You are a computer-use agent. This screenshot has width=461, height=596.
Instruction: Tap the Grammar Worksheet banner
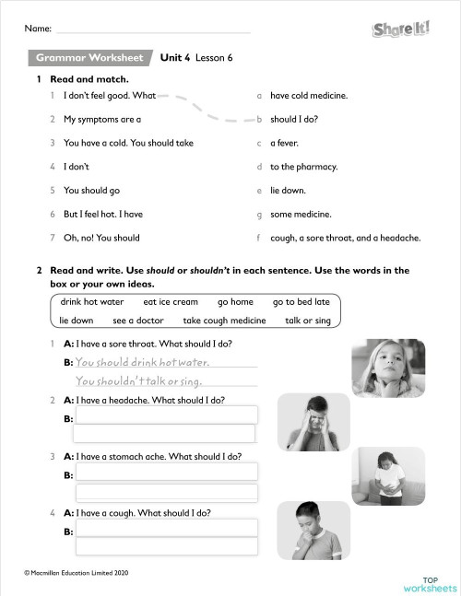point(89,58)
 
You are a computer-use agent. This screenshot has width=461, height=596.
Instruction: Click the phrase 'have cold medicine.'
point(308,95)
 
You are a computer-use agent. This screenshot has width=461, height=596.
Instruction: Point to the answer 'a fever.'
point(284,143)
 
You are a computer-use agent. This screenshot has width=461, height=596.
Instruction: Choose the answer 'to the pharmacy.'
point(303,167)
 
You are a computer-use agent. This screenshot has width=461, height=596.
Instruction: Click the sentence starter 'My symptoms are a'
point(101,119)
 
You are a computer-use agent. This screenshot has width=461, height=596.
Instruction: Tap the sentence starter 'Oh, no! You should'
point(101,238)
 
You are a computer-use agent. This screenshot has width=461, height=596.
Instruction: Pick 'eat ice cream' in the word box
point(171,302)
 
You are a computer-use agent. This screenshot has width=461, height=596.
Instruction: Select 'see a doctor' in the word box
point(138,321)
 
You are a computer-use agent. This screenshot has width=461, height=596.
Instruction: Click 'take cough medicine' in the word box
point(224,321)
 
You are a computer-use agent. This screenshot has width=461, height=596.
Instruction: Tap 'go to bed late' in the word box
point(301,302)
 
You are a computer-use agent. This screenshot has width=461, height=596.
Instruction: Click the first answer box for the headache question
point(166,416)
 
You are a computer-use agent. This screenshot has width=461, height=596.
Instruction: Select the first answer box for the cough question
point(166,529)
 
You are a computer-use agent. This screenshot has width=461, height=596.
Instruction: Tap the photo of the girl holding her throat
point(388,367)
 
